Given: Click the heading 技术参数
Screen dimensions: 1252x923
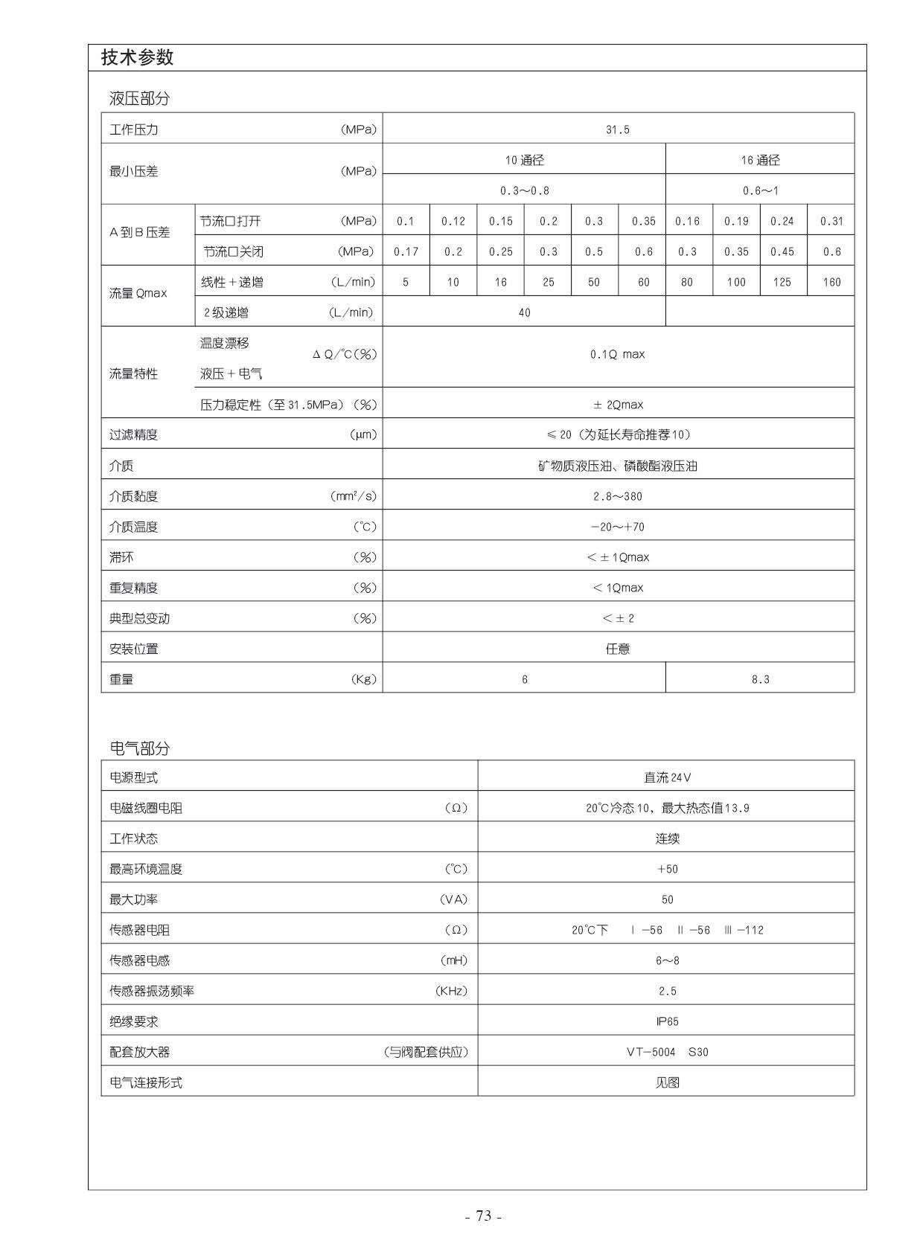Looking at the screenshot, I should tap(137, 57).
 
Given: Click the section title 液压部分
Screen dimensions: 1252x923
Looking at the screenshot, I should tap(139, 98).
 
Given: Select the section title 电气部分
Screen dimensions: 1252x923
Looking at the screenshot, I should tap(139, 748).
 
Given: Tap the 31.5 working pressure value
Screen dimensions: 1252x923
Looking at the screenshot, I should tap(617, 129).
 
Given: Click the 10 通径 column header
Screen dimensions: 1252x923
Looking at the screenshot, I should tap(524, 160).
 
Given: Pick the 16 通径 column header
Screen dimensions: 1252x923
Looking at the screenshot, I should tap(760, 160).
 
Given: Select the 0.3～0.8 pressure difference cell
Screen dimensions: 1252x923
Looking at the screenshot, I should tap(524, 190).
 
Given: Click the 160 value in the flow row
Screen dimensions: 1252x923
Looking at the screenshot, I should tap(831, 282).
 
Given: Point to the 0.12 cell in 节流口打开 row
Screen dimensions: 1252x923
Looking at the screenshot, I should tap(453, 221).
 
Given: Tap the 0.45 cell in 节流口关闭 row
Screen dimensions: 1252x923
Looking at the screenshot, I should tap(782, 251).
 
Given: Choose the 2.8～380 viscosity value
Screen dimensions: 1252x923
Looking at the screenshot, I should tap(617, 496).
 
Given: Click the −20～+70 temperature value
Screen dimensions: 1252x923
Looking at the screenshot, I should tap(617, 527).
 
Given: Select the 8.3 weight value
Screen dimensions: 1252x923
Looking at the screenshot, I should tap(760, 679).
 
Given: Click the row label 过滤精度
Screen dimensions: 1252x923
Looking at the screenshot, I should tap(133, 434).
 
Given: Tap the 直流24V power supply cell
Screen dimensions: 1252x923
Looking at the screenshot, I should tap(667, 777).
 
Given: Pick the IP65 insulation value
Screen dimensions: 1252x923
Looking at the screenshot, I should tap(667, 1021).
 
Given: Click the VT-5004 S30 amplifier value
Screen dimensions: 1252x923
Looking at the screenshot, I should tap(667, 1052).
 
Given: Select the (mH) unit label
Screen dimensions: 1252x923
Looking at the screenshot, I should tap(454, 960).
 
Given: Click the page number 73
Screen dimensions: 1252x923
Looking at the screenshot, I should tap(484, 1216).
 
